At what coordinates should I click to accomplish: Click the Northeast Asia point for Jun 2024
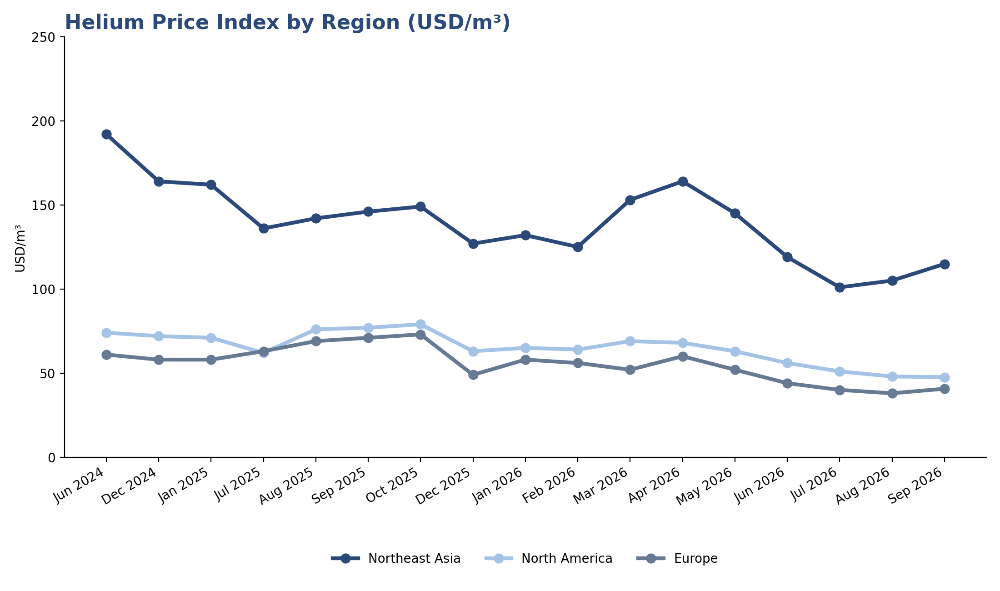tap(106, 134)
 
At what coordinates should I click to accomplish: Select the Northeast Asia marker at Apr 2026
tap(682, 181)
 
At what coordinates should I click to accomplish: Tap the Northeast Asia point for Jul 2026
tap(840, 287)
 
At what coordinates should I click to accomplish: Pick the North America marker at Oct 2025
tap(420, 324)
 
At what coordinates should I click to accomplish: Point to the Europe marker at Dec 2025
tap(473, 375)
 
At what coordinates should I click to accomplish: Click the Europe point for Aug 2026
tap(892, 393)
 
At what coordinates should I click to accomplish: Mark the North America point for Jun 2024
tap(106, 333)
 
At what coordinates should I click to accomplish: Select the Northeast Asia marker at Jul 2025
tap(264, 228)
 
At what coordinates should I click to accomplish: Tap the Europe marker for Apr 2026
tap(682, 356)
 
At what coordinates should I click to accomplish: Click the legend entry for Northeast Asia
tap(395, 558)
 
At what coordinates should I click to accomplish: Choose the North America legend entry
tap(548, 558)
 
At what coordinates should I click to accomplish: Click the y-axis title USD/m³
tap(20, 248)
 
